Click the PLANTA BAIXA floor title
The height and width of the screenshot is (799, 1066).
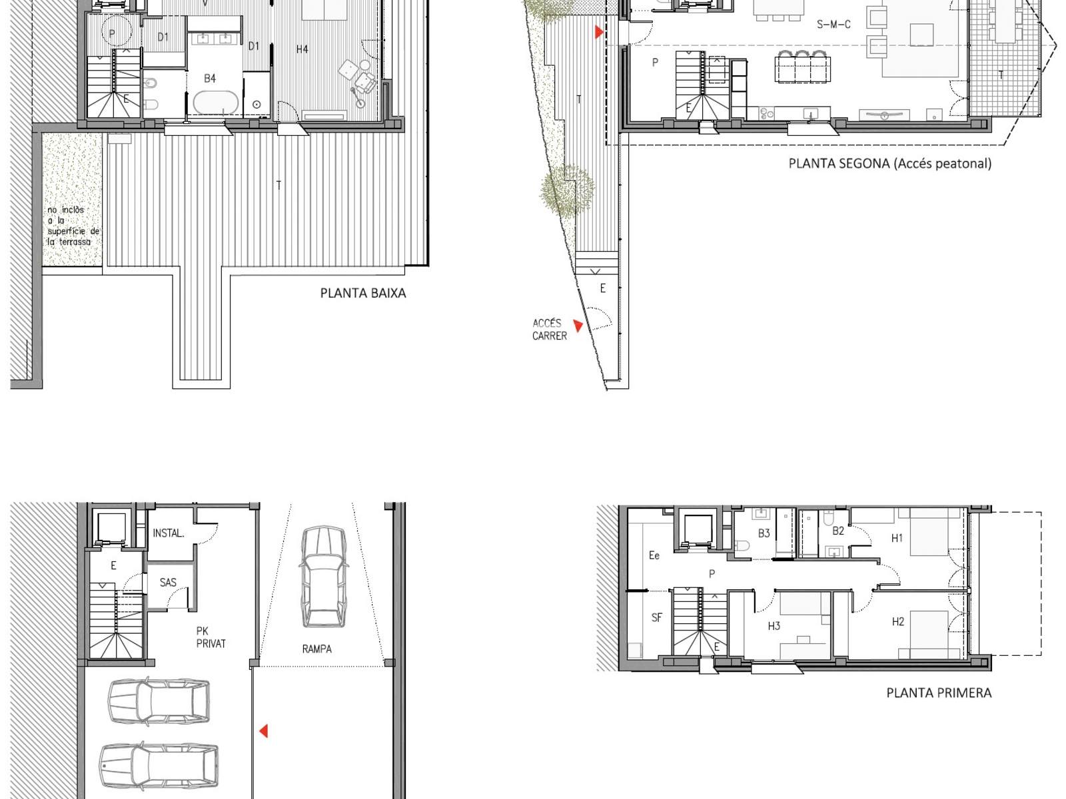pyautogui.click(x=363, y=293)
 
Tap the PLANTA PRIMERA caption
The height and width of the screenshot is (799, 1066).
pyautogui.click(x=939, y=692)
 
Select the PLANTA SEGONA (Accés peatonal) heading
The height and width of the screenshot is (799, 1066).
pyautogui.click(x=889, y=164)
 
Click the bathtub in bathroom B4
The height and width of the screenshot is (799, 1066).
pyautogui.click(x=216, y=104)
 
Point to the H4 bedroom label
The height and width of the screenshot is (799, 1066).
pyautogui.click(x=302, y=49)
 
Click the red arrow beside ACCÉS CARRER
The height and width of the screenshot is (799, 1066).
pyautogui.click(x=578, y=326)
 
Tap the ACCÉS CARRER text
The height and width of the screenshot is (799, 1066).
pyautogui.click(x=549, y=330)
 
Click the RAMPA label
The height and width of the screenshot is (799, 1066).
pyautogui.click(x=316, y=649)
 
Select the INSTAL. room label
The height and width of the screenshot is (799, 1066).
pyautogui.click(x=169, y=533)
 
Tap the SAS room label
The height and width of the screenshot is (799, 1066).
pyautogui.click(x=168, y=582)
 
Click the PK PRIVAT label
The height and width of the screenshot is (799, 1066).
pyautogui.click(x=211, y=637)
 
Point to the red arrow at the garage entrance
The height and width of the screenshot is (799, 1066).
pyautogui.click(x=264, y=731)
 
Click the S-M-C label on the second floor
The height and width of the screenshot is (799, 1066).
pyautogui.click(x=833, y=24)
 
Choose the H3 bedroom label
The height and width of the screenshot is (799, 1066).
pyautogui.click(x=774, y=627)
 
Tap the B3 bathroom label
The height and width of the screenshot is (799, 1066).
pyautogui.click(x=764, y=533)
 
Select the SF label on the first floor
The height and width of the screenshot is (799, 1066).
pyautogui.click(x=657, y=618)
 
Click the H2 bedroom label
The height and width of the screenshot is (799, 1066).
pyautogui.click(x=897, y=621)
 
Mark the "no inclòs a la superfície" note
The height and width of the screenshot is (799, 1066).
pyautogui.click(x=73, y=226)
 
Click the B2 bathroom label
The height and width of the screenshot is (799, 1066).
pyautogui.click(x=838, y=531)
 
